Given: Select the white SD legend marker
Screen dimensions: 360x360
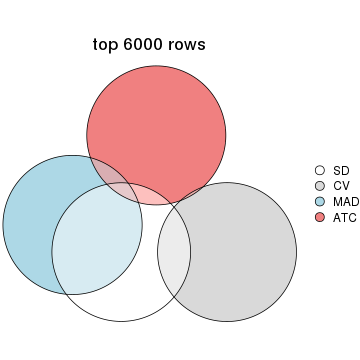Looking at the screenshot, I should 320,171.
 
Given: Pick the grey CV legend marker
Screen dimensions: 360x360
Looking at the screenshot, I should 320,186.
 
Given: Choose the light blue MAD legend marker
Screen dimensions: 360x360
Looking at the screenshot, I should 320,201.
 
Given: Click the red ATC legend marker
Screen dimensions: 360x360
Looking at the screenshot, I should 320,216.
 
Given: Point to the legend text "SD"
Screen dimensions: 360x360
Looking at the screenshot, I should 340,171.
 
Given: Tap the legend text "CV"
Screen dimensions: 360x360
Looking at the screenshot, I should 340,186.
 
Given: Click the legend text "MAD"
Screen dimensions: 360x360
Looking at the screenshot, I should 345,201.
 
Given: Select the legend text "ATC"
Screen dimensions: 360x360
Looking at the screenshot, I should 344,216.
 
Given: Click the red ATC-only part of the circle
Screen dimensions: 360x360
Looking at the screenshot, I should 160,120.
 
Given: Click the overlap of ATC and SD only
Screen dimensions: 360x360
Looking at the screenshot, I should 155,195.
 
